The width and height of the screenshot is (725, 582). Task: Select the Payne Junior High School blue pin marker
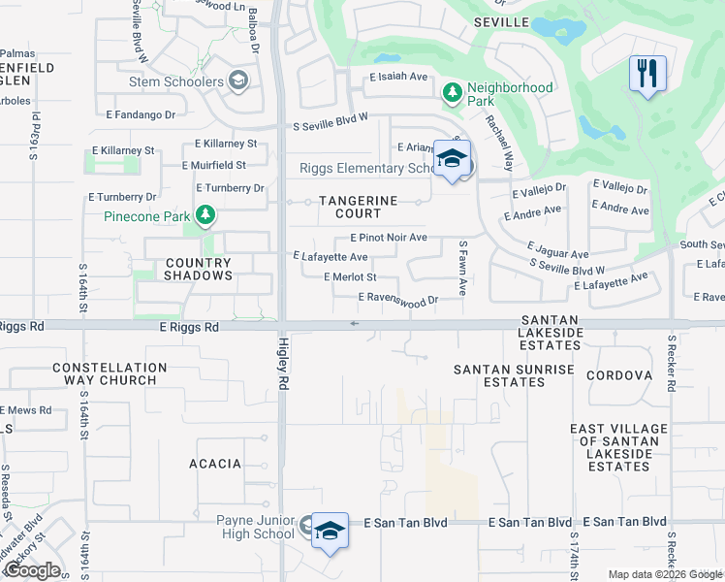[330, 531]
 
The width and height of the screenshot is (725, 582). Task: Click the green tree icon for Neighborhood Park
[451, 93]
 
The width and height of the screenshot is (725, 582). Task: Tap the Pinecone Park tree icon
[204, 215]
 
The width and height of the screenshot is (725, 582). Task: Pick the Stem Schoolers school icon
[238, 81]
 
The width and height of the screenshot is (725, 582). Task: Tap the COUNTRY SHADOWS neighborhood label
[199, 269]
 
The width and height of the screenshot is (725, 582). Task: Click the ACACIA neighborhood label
[214, 464]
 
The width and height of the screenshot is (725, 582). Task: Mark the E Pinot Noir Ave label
[388, 237]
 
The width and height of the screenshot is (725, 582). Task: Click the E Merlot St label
[350, 277]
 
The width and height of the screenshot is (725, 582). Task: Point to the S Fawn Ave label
[463, 269]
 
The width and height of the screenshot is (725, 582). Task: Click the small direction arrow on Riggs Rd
[355, 323]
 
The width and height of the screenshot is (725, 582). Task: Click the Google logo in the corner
[32, 570]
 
